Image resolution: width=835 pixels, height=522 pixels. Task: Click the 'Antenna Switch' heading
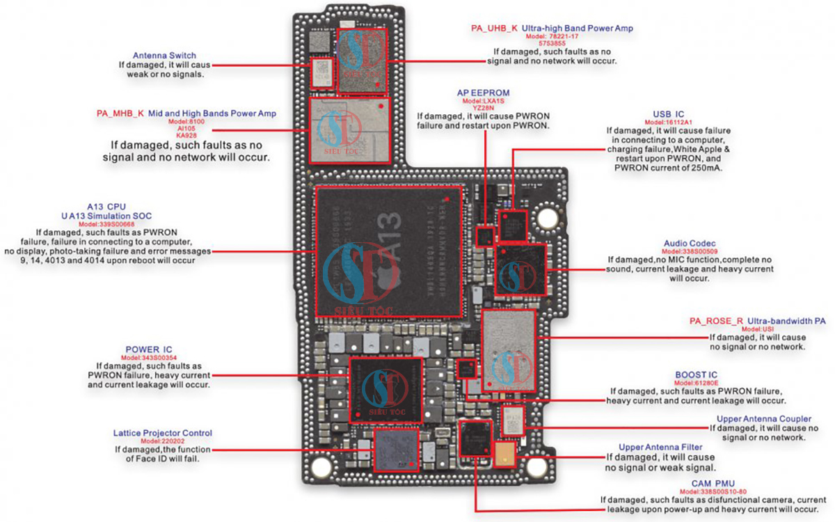pos(164,55)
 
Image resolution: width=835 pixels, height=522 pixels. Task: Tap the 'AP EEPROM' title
pos(484,93)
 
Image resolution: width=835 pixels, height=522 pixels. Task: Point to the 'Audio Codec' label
pos(690,244)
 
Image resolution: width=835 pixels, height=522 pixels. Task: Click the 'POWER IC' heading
pos(149,349)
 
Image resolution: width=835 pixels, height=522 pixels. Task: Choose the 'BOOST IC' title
pos(697,374)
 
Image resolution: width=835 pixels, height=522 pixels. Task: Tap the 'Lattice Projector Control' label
pos(163,433)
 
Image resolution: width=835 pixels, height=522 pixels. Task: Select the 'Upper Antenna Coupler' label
pos(763,419)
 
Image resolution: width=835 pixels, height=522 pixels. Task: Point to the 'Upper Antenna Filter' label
pos(660,447)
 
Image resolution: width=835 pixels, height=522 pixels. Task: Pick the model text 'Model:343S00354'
pos(149,357)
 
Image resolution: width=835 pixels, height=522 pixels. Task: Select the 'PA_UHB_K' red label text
pos(495,29)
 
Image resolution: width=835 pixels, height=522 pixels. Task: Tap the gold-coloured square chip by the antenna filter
pos(504,453)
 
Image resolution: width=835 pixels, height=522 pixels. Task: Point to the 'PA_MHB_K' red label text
pos(120,113)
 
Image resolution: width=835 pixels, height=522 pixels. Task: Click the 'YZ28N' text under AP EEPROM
pos(484,108)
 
